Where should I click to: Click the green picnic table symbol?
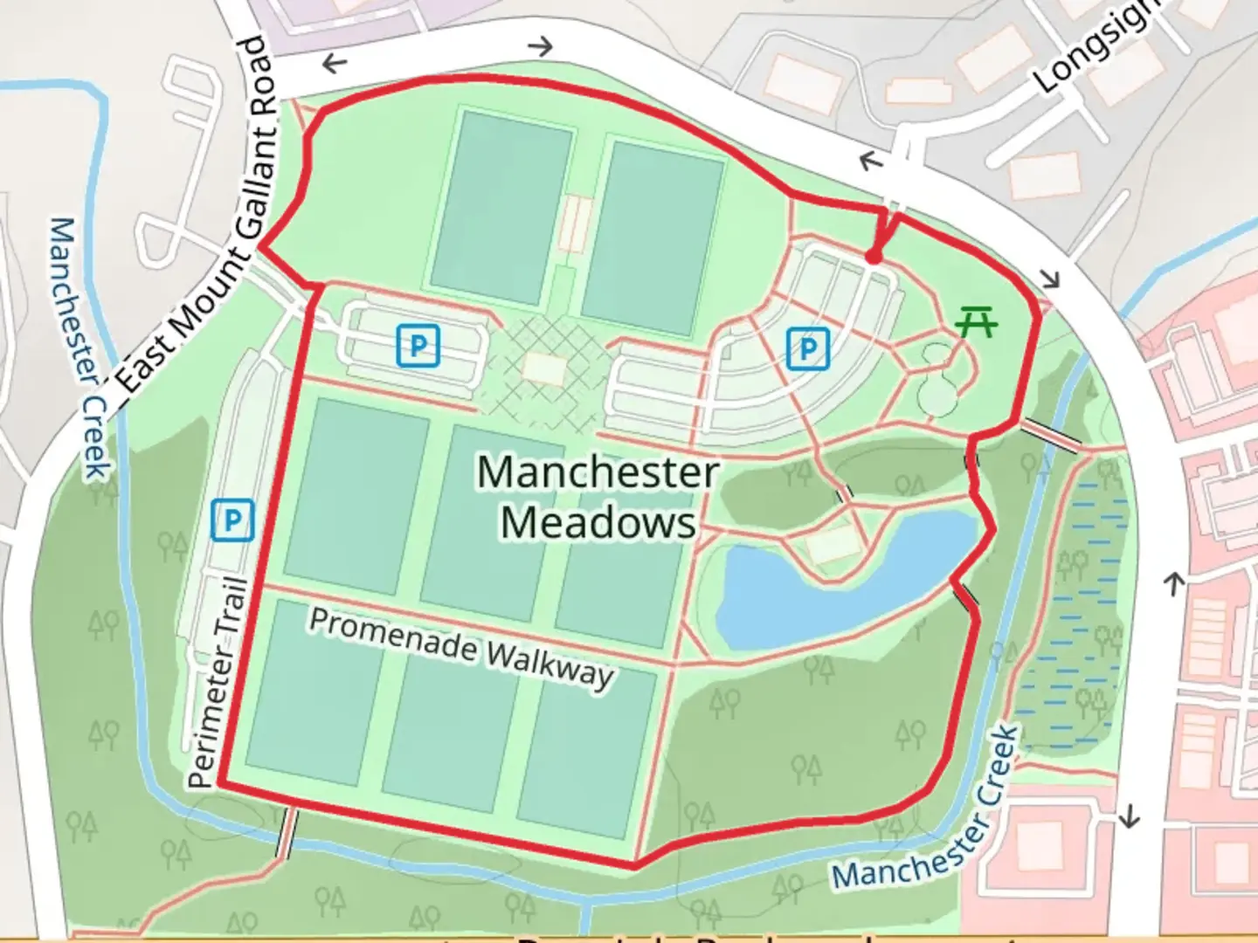click(x=977, y=323)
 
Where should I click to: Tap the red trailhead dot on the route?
click(x=872, y=257)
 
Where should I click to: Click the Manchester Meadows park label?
click(x=598, y=497)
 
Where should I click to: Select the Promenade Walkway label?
click(x=461, y=649)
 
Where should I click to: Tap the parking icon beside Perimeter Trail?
click(x=232, y=520)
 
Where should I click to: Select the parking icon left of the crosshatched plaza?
click(x=418, y=346)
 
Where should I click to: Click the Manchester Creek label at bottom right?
click(x=926, y=812)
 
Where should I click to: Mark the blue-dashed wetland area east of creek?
click(x=1070, y=611)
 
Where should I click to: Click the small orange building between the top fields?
click(x=575, y=224)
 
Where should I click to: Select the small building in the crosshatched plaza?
click(x=544, y=368)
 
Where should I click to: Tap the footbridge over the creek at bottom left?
click(x=286, y=835)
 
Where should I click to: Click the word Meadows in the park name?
click(x=598, y=523)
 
